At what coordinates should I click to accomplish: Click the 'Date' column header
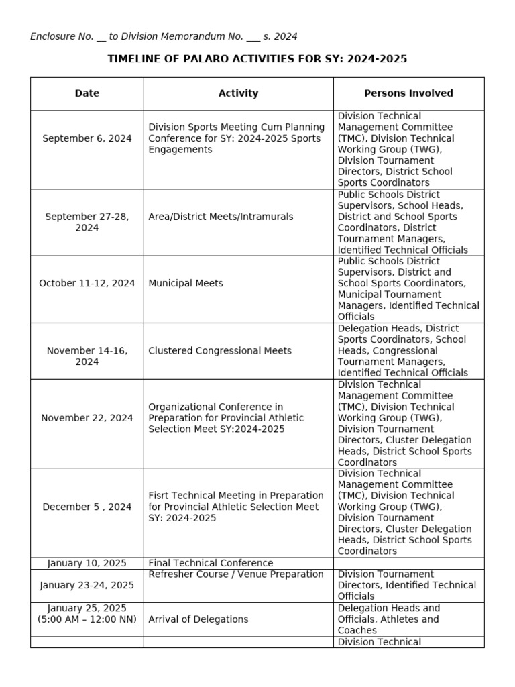coord(87,93)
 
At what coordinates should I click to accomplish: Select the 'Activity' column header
coord(238,93)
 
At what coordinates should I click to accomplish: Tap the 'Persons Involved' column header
coord(408,93)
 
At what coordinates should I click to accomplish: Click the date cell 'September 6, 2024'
coord(87,138)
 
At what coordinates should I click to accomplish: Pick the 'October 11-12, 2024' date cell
coord(87,283)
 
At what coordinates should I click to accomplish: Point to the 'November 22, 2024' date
coord(87,418)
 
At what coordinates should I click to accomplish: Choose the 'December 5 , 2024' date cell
coord(87,507)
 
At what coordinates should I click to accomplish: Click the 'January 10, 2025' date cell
coord(87,563)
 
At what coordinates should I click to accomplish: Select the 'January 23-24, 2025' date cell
coord(87,585)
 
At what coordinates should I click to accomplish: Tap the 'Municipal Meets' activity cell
coord(186,283)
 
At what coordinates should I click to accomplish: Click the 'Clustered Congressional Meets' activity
coord(220,350)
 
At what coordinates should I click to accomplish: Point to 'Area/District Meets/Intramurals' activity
coord(221,217)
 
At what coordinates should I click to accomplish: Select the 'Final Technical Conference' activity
coord(211,563)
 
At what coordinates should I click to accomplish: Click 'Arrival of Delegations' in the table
coord(198,619)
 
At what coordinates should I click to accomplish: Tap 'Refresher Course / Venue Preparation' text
coord(227,574)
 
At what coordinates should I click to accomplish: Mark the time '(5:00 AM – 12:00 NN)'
coord(87,619)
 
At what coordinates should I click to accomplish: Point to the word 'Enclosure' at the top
coord(52,36)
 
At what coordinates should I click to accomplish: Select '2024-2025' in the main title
coord(377,59)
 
